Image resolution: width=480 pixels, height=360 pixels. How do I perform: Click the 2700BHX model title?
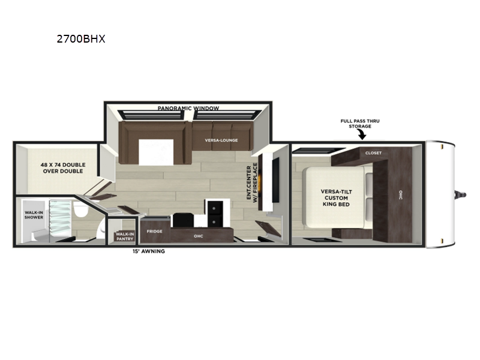point(81,39)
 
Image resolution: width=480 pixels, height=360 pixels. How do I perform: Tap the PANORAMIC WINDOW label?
point(188,109)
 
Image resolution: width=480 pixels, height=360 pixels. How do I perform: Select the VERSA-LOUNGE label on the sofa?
point(221,140)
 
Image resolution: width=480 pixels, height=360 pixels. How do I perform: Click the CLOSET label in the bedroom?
point(373,153)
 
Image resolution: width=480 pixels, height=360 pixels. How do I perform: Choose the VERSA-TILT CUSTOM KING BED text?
point(336,198)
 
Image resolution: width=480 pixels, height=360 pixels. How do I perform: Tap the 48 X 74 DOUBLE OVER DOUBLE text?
point(63,168)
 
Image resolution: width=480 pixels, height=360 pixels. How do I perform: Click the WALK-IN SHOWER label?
point(34,215)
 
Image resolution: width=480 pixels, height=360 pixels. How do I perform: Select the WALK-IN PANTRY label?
point(125,236)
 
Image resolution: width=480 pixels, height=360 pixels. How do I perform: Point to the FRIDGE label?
point(155,231)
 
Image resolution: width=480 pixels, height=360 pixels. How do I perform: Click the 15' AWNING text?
point(149,251)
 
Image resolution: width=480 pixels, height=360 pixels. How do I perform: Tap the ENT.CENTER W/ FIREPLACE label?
point(251,183)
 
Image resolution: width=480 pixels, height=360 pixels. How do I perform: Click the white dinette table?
point(156,152)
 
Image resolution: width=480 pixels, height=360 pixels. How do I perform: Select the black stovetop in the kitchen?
point(184,220)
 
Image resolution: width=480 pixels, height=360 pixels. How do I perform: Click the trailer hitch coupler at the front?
point(461,194)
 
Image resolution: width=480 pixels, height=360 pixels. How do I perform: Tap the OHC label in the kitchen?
point(199,236)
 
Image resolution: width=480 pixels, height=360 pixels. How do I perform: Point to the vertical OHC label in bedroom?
point(401,195)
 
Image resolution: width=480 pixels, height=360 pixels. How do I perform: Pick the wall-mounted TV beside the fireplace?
point(275,180)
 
